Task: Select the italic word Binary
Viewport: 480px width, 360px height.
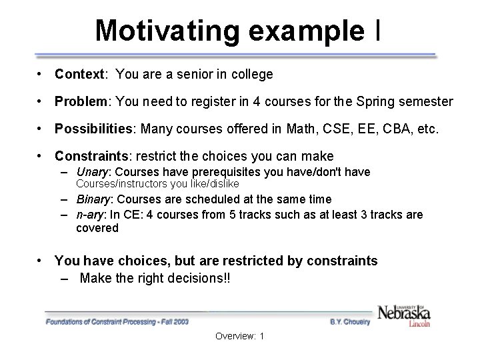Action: (x=93, y=199)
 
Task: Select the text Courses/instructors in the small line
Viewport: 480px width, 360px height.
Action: (x=117, y=183)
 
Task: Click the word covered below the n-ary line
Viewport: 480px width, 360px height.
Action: (x=97, y=228)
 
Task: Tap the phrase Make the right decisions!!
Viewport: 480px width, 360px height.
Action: (x=155, y=279)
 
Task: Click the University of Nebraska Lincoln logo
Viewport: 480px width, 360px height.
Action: (x=404, y=313)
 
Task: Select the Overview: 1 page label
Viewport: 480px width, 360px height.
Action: (x=240, y=336)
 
